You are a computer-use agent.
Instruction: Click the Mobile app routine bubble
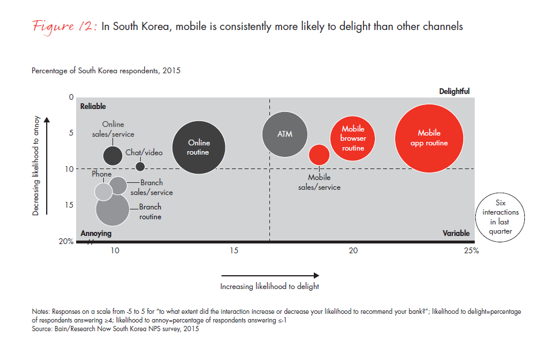[429, 138]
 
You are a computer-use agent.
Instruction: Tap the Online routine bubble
[199, 148]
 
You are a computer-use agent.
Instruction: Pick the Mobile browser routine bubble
[353, 138]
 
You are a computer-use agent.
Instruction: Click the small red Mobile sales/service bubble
[319, 155]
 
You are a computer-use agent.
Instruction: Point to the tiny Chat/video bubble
[140, 166]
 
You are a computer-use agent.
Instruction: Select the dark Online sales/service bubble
[112, 155]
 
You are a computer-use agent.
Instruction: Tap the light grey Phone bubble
[103, 192]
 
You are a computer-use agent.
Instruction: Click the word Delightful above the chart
[454, 91]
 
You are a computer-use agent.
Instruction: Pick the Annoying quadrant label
[96, 234]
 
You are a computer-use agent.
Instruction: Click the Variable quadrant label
[456, 234]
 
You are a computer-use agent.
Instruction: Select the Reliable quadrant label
[93, 106]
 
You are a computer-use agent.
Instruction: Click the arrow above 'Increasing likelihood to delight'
[270, 275]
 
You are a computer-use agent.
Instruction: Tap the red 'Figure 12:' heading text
[65, 26]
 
